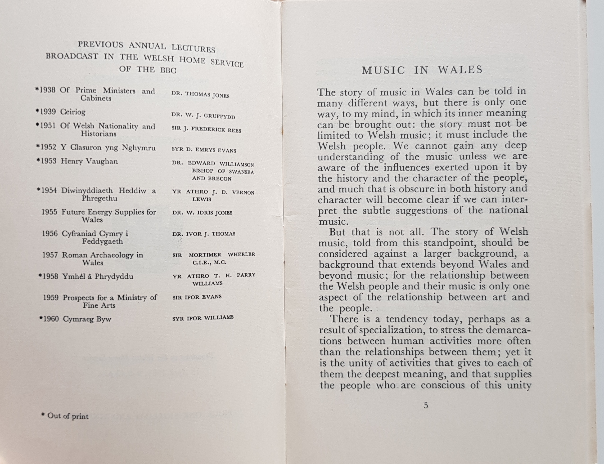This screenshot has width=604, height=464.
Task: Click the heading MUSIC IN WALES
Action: [x=422, y=70]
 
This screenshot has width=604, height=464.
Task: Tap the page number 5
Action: [x=426, y=406]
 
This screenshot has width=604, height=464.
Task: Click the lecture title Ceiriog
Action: [x=73, y=112]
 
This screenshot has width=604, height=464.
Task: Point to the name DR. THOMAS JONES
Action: [x=200, y=94]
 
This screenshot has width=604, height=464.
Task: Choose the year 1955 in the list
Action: [x=50, y=212]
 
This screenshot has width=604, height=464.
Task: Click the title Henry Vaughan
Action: [x=89, y=161]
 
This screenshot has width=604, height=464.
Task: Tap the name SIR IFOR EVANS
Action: [x=197, y=297]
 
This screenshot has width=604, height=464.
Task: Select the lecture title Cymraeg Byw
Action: [x=87, y=319]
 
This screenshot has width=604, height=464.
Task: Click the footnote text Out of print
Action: [x=68, y=416]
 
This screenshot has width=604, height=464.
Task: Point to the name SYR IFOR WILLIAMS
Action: [x=203, y=318]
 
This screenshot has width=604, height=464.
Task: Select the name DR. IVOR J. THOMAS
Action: [x=204, y=234]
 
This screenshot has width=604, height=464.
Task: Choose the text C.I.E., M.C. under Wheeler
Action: [x=209, y=262]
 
